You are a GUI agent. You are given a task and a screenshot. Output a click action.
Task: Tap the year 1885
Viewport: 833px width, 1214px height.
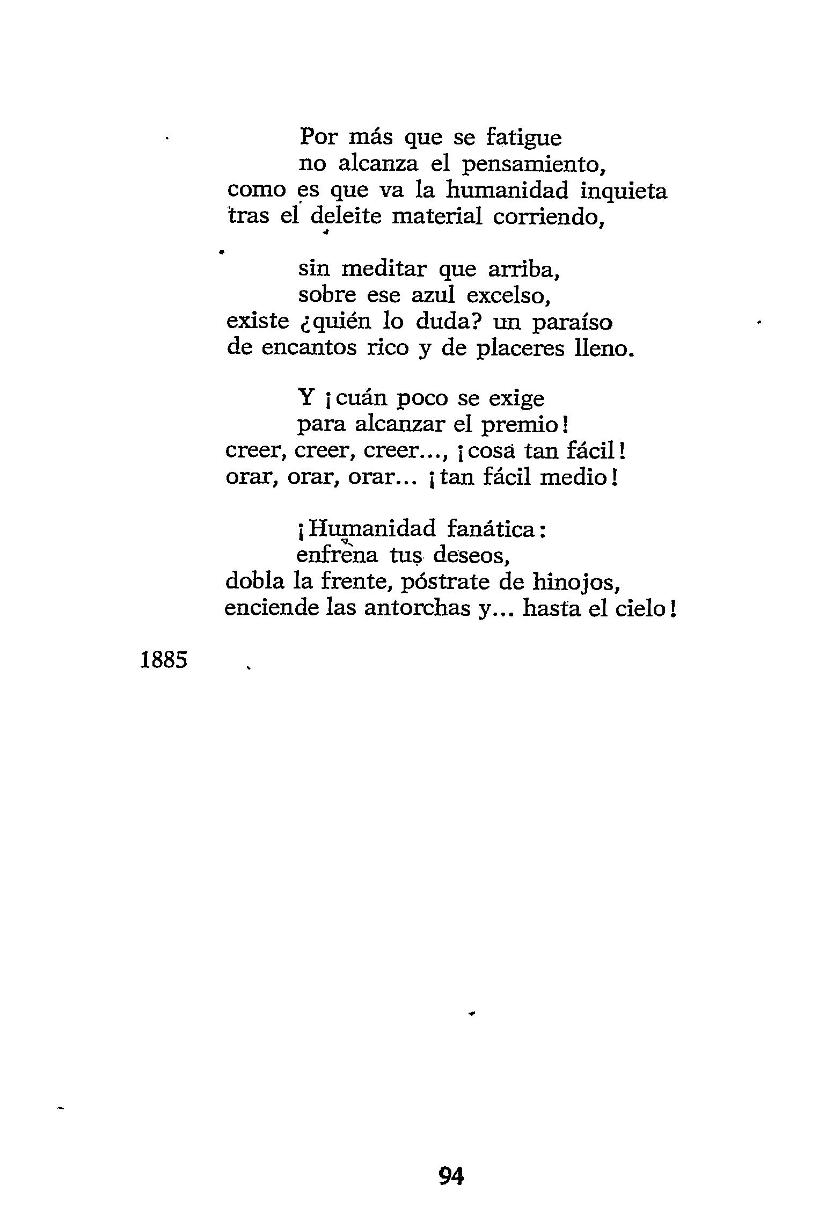[x=164, y=660]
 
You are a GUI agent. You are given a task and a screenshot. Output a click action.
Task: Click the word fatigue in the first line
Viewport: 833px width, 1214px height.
[x=523, y=139]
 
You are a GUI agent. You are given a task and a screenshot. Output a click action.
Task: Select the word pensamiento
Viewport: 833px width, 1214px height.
[x=534, y=165]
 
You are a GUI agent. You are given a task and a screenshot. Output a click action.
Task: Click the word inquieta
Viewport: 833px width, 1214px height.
[x=624, y=192]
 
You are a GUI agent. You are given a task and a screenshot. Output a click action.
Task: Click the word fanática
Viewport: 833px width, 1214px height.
[x=491, y=529]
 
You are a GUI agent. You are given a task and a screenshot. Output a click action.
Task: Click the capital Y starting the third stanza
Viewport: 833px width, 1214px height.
[x=305, y=398]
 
